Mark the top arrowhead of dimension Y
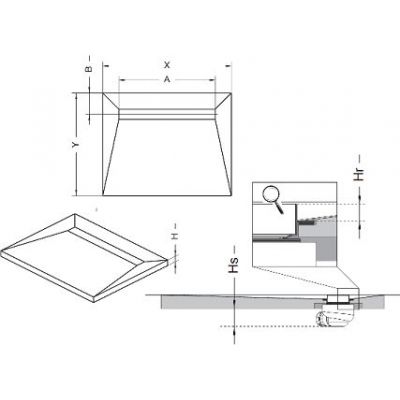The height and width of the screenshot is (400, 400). point(81,95)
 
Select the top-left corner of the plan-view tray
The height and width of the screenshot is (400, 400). point(100,94)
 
